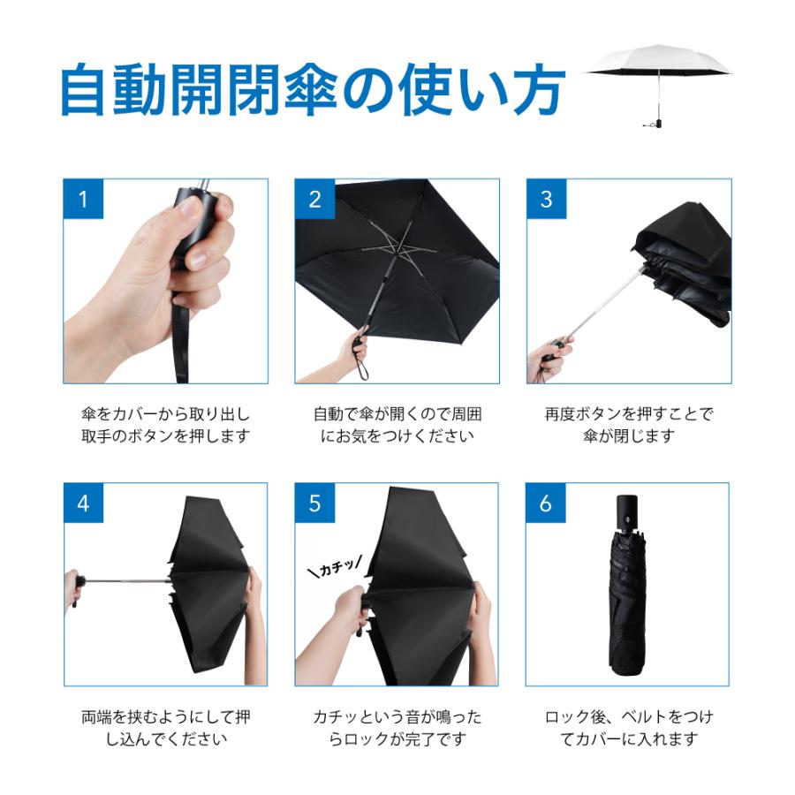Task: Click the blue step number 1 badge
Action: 83,199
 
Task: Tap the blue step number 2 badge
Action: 314,199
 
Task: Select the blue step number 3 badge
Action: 547,199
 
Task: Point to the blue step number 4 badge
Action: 83,503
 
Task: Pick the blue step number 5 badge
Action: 314,503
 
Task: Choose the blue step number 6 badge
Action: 546,503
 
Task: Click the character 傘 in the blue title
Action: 310,89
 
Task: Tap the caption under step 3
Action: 629,425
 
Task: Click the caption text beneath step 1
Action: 166,425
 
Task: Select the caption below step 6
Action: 629,728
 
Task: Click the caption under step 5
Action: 397,728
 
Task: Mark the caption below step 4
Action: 166,728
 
